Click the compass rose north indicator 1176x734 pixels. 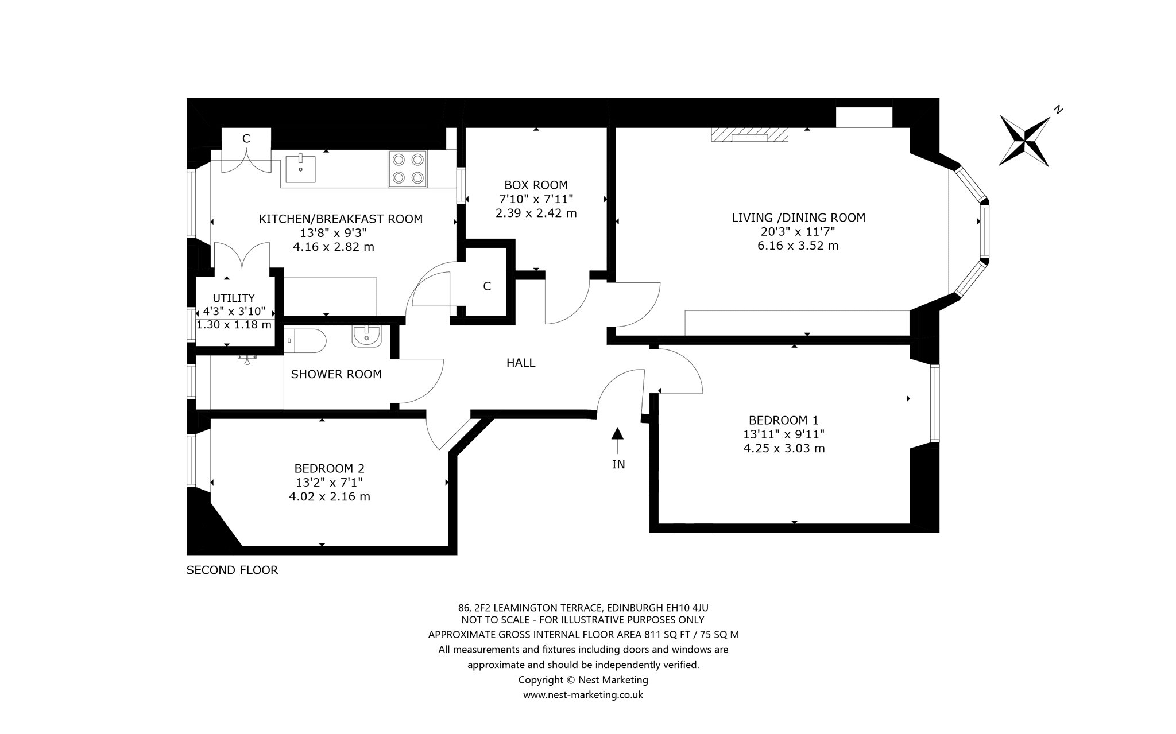point(1025,141)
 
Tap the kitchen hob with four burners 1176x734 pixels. point(408,168)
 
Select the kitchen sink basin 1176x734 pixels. point(300,167)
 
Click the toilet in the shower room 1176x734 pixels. point(305,341)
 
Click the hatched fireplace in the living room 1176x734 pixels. point(749,134)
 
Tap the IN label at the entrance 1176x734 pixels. point(618,464)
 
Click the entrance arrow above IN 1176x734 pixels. point(617,441)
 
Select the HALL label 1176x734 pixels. point(521,363)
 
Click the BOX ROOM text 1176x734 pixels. point(536,185)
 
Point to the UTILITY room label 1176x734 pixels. point(234,298)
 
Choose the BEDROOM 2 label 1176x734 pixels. point(329,468)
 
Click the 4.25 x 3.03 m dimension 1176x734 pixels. point(784,448)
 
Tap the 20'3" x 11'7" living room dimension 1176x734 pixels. point(798,232)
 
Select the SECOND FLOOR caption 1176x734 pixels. point(233,570)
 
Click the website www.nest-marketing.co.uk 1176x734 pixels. point(583,695)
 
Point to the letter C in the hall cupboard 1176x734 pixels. point(487,286)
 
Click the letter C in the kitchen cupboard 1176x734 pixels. point(246,138)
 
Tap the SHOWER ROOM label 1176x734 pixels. point(336,375)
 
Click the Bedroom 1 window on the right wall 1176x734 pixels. point(934,403)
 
